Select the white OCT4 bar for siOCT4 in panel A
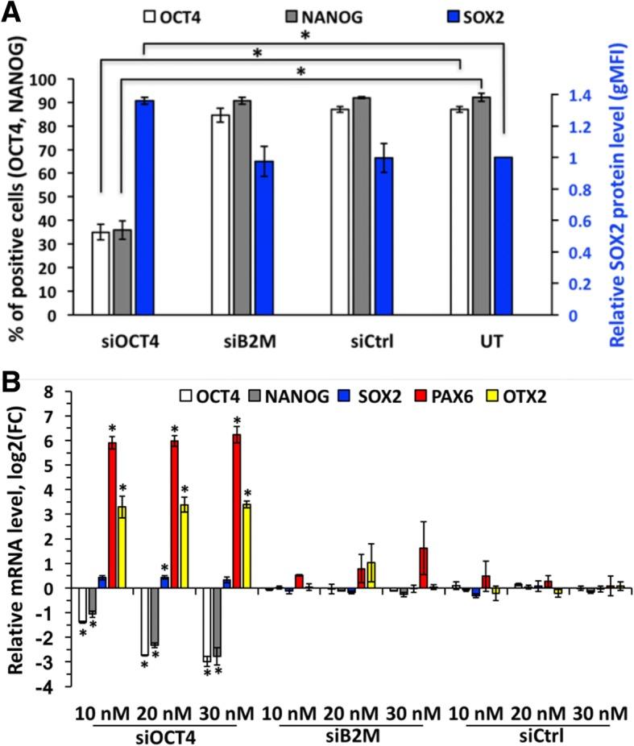(101, 274)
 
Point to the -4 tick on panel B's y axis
(48, 687)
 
